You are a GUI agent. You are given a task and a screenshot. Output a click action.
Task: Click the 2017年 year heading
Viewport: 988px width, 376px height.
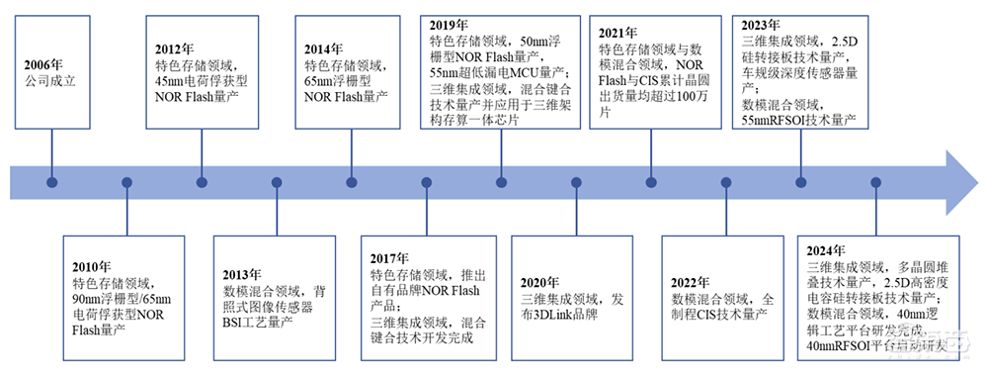(392, 258)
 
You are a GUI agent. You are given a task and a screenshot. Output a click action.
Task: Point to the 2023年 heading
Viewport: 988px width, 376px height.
(762, 24)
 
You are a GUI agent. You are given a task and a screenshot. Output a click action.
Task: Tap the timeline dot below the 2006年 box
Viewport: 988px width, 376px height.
(52, 182)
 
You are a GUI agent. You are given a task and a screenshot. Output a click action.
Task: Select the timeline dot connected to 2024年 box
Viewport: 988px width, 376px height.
(875, 182)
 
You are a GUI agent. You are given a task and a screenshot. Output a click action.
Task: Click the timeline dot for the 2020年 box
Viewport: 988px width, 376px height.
(576, 182)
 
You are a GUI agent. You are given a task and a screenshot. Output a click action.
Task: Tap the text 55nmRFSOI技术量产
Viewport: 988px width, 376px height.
(799, 120)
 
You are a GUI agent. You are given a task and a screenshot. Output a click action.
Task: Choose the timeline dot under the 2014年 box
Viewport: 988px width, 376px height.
(352, 182)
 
